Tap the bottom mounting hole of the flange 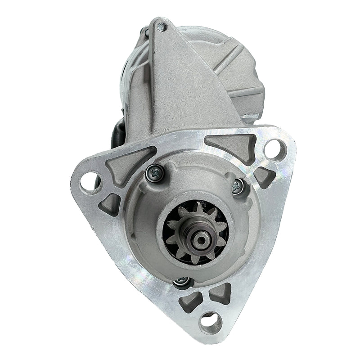(x=210, y=322)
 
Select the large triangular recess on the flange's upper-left (x=124, y=163)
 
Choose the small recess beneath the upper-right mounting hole (x=265, y=177)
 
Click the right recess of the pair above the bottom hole (x=220, y=293)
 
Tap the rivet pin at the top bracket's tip (x=161, y=27)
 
